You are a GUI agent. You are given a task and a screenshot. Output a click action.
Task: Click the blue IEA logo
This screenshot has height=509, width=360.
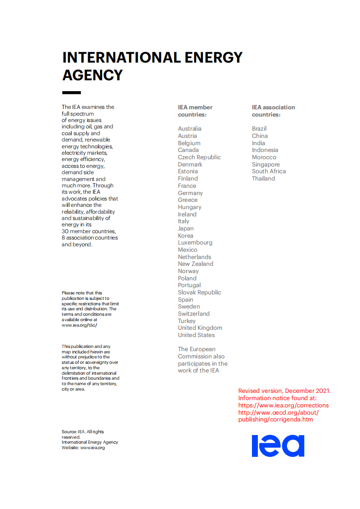pos(278,445)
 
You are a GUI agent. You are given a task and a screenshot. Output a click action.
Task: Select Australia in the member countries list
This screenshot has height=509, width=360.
pos(189,129)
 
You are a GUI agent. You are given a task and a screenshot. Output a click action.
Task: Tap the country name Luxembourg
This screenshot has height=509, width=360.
pos(195,243)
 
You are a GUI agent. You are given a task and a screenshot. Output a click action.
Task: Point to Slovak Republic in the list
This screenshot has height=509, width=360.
pos(199,293)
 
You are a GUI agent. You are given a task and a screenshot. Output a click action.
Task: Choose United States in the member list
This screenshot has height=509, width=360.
pos(196,335)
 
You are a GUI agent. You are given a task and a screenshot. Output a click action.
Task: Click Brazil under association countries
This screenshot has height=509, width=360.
pos(259,129)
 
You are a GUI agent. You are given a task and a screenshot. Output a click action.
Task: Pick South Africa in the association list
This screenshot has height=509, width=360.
pos(269,171)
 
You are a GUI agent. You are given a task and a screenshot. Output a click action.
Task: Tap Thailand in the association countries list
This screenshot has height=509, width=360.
pos(263,179)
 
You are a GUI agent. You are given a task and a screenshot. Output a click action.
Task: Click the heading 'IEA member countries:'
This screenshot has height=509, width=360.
pos(195,111)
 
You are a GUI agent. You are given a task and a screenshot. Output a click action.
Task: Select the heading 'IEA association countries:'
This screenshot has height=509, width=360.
pos(273,111)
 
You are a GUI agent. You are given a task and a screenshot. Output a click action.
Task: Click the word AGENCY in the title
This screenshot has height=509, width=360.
pos(93,75)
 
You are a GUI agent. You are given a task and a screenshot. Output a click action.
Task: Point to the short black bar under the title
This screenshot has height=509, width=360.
pos(71,93)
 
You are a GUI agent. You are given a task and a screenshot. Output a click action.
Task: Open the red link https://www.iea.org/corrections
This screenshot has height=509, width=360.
pos(283,406)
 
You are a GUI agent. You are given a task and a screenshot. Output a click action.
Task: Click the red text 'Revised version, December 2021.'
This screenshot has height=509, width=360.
pos(284,391)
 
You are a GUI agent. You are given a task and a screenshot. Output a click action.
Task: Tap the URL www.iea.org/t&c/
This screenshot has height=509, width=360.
pos(79,325)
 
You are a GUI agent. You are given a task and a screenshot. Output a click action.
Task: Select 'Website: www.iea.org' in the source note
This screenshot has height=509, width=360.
pos(83,448)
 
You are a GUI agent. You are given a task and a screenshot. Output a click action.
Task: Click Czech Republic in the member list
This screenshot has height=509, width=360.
pos(199,157)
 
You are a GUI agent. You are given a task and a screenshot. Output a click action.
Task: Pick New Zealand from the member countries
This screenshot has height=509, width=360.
pos(195,264)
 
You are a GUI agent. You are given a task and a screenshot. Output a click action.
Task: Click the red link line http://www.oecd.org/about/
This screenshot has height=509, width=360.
pos(278,412)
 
